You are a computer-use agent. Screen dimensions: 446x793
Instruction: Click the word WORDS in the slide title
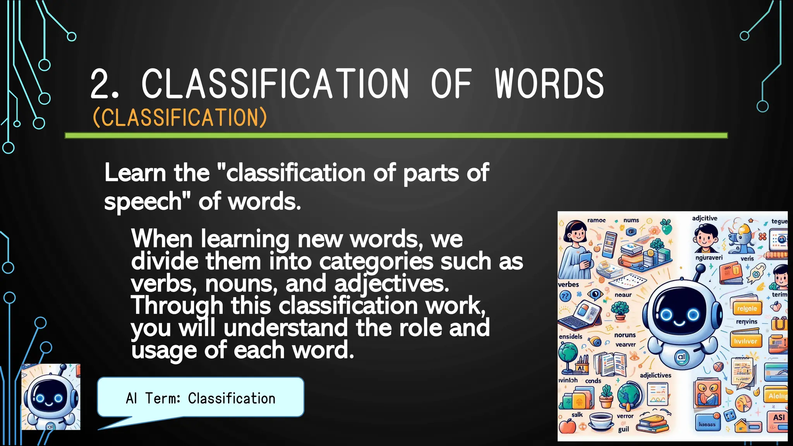[549, 84]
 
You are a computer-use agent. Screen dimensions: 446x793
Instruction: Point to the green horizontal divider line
[396, 136]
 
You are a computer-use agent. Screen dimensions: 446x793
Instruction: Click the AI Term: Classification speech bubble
[201, 398]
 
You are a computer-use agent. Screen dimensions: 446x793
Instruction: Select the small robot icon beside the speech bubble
[51, 397]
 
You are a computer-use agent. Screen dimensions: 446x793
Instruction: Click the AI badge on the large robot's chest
[681, 357]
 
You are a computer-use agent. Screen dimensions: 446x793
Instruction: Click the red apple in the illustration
[568, 426]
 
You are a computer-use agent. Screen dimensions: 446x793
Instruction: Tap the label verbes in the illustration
[568, 285]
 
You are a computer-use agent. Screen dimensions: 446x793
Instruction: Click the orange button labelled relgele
[747, 309]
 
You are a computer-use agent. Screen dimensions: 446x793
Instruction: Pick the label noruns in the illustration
[625, 335]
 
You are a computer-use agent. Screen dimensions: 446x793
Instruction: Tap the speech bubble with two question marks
[566, 297]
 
